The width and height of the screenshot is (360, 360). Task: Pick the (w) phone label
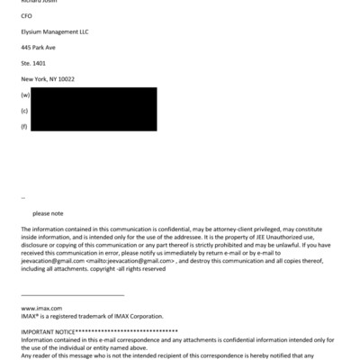pos(25,94)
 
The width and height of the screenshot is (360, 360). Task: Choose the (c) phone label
pos(24,110)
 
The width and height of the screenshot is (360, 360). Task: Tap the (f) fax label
pos(24,126)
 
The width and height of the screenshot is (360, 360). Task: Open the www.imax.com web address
pos(36,308)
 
